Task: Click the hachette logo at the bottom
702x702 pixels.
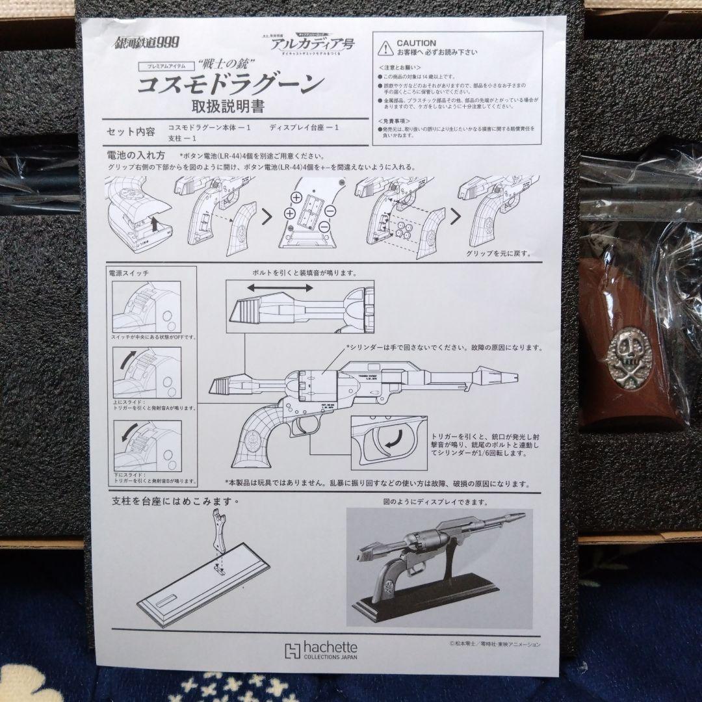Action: point(321,651)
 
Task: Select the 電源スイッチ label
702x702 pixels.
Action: point(129,274)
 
